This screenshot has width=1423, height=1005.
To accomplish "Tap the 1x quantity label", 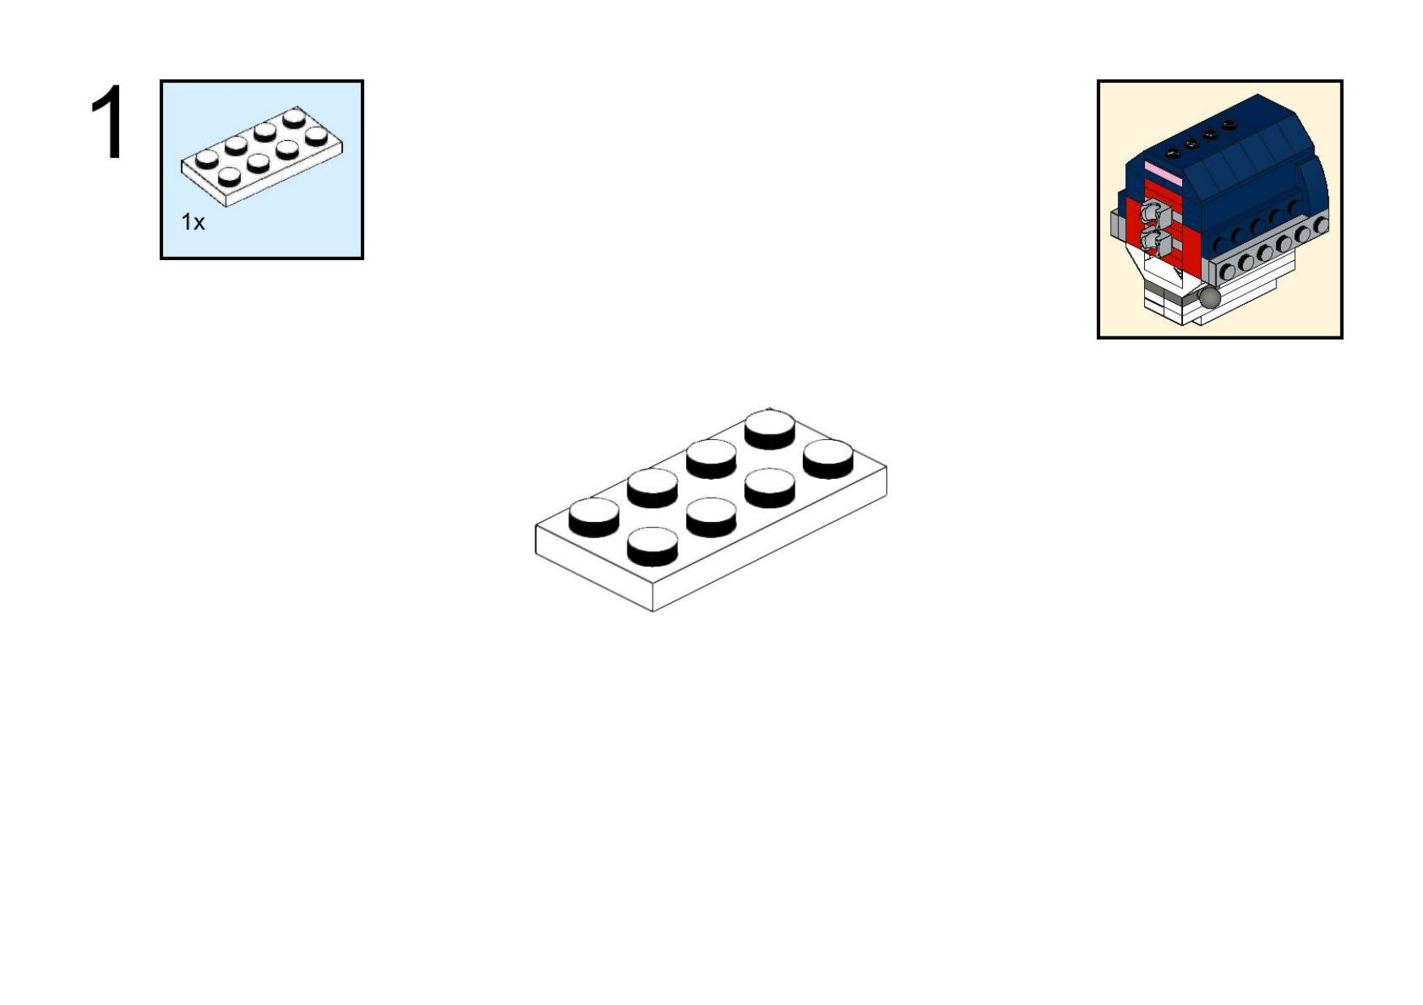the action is (193, 222).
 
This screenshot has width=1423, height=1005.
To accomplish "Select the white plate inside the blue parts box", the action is (261, 156).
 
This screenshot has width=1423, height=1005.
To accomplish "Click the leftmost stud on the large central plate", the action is (594, 517).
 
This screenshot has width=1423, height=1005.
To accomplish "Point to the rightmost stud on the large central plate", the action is (828, 459).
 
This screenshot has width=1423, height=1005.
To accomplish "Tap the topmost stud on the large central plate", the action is (769, 430).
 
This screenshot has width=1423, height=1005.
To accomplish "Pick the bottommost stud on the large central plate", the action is (653, 546).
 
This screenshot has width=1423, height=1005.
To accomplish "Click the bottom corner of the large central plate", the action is (653, 612).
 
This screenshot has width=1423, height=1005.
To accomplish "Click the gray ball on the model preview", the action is (1209, 297).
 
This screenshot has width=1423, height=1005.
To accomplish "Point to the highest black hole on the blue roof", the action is (1229, 126).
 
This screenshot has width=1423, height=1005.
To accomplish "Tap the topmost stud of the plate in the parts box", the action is (294, 118).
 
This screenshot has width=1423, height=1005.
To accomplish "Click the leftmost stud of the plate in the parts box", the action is (207, 158).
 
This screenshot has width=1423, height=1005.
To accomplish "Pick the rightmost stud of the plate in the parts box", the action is (316, 135).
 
